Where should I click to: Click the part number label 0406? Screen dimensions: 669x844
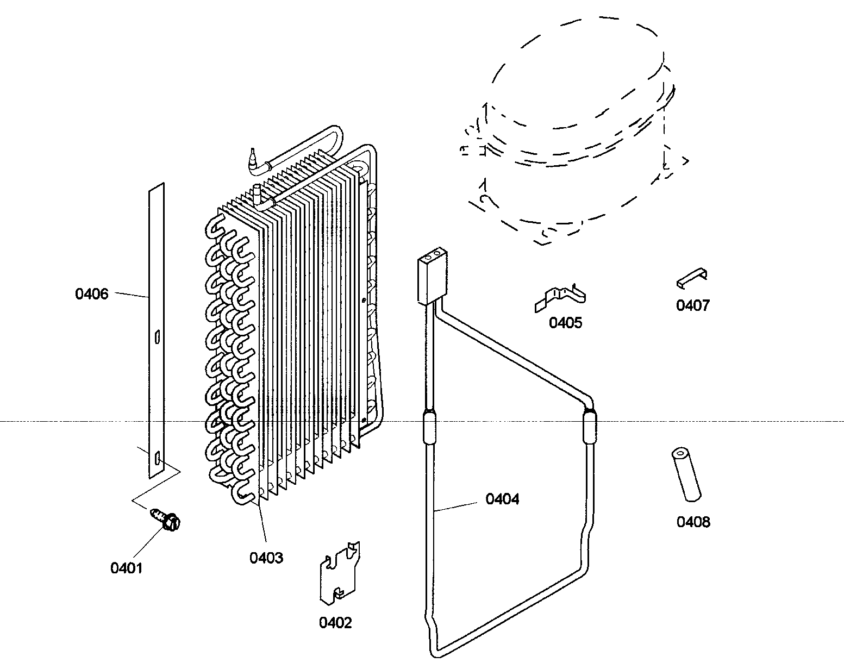pyautogui.click(x=92, y=294)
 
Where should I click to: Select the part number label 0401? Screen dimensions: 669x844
pyautogui.click(x=126, y=568)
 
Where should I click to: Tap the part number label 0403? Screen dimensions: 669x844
pyautogui.click(x=266, y=558)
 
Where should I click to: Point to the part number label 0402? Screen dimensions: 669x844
pyautogui.click(x=335, y=623)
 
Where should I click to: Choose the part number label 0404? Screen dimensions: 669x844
pyautogui.click(x=502, y=499)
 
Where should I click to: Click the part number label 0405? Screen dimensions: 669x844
pyautogui.click(x=565, y=323)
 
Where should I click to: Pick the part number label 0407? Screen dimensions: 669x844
pyautogui.click(x=692, y=305)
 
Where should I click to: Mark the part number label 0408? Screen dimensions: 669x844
pyautogui.click(x=693, y=522)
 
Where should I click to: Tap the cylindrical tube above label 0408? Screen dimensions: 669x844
pyautogui.click(x=685, y=474)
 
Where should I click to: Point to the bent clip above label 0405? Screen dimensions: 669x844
pyautogui.click(x=560, y=298)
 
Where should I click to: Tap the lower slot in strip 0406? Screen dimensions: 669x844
pyautogui.click(x=157, y=459)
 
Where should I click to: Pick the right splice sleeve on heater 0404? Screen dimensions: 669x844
pyautogui.click(x=588, y=428)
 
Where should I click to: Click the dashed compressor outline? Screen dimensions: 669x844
pyautogui.click(x=571, y=136)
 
